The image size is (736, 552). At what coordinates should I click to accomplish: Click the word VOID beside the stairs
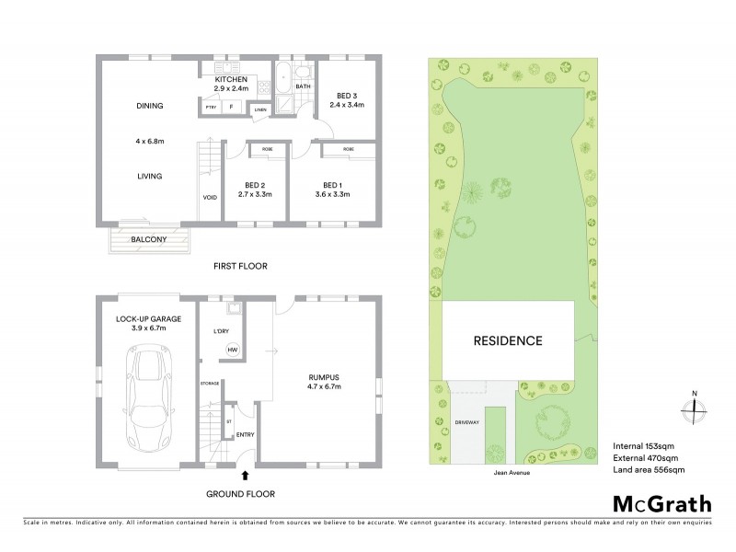210,198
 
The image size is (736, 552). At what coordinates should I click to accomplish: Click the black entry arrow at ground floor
245,476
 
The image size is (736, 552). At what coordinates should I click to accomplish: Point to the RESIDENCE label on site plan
508,340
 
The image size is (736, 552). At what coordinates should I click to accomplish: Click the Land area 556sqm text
649,470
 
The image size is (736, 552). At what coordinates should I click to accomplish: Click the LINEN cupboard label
260,109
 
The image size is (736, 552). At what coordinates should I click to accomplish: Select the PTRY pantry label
212,107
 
